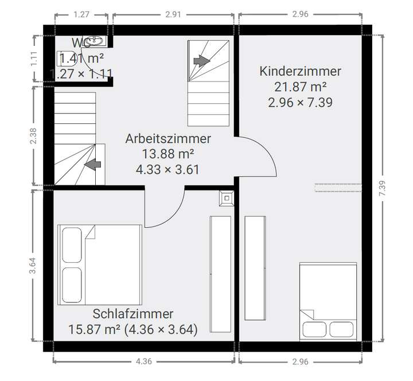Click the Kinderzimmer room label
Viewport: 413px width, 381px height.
point(300,72)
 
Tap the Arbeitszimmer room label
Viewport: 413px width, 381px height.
point(168,139)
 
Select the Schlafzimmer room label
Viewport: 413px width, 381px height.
point(133,314)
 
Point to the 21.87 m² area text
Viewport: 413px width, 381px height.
point(300,87)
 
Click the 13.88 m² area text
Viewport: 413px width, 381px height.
point(168,154)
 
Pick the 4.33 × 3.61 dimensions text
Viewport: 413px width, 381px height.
point(168,169)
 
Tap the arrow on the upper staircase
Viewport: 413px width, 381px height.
point(201,61)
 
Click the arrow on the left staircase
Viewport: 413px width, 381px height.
point(92,165)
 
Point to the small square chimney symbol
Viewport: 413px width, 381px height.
point(226,199)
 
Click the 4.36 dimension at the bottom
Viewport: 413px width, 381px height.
point(143,361)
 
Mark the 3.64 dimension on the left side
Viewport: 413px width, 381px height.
point(33,266)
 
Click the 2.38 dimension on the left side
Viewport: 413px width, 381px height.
point(33,134)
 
